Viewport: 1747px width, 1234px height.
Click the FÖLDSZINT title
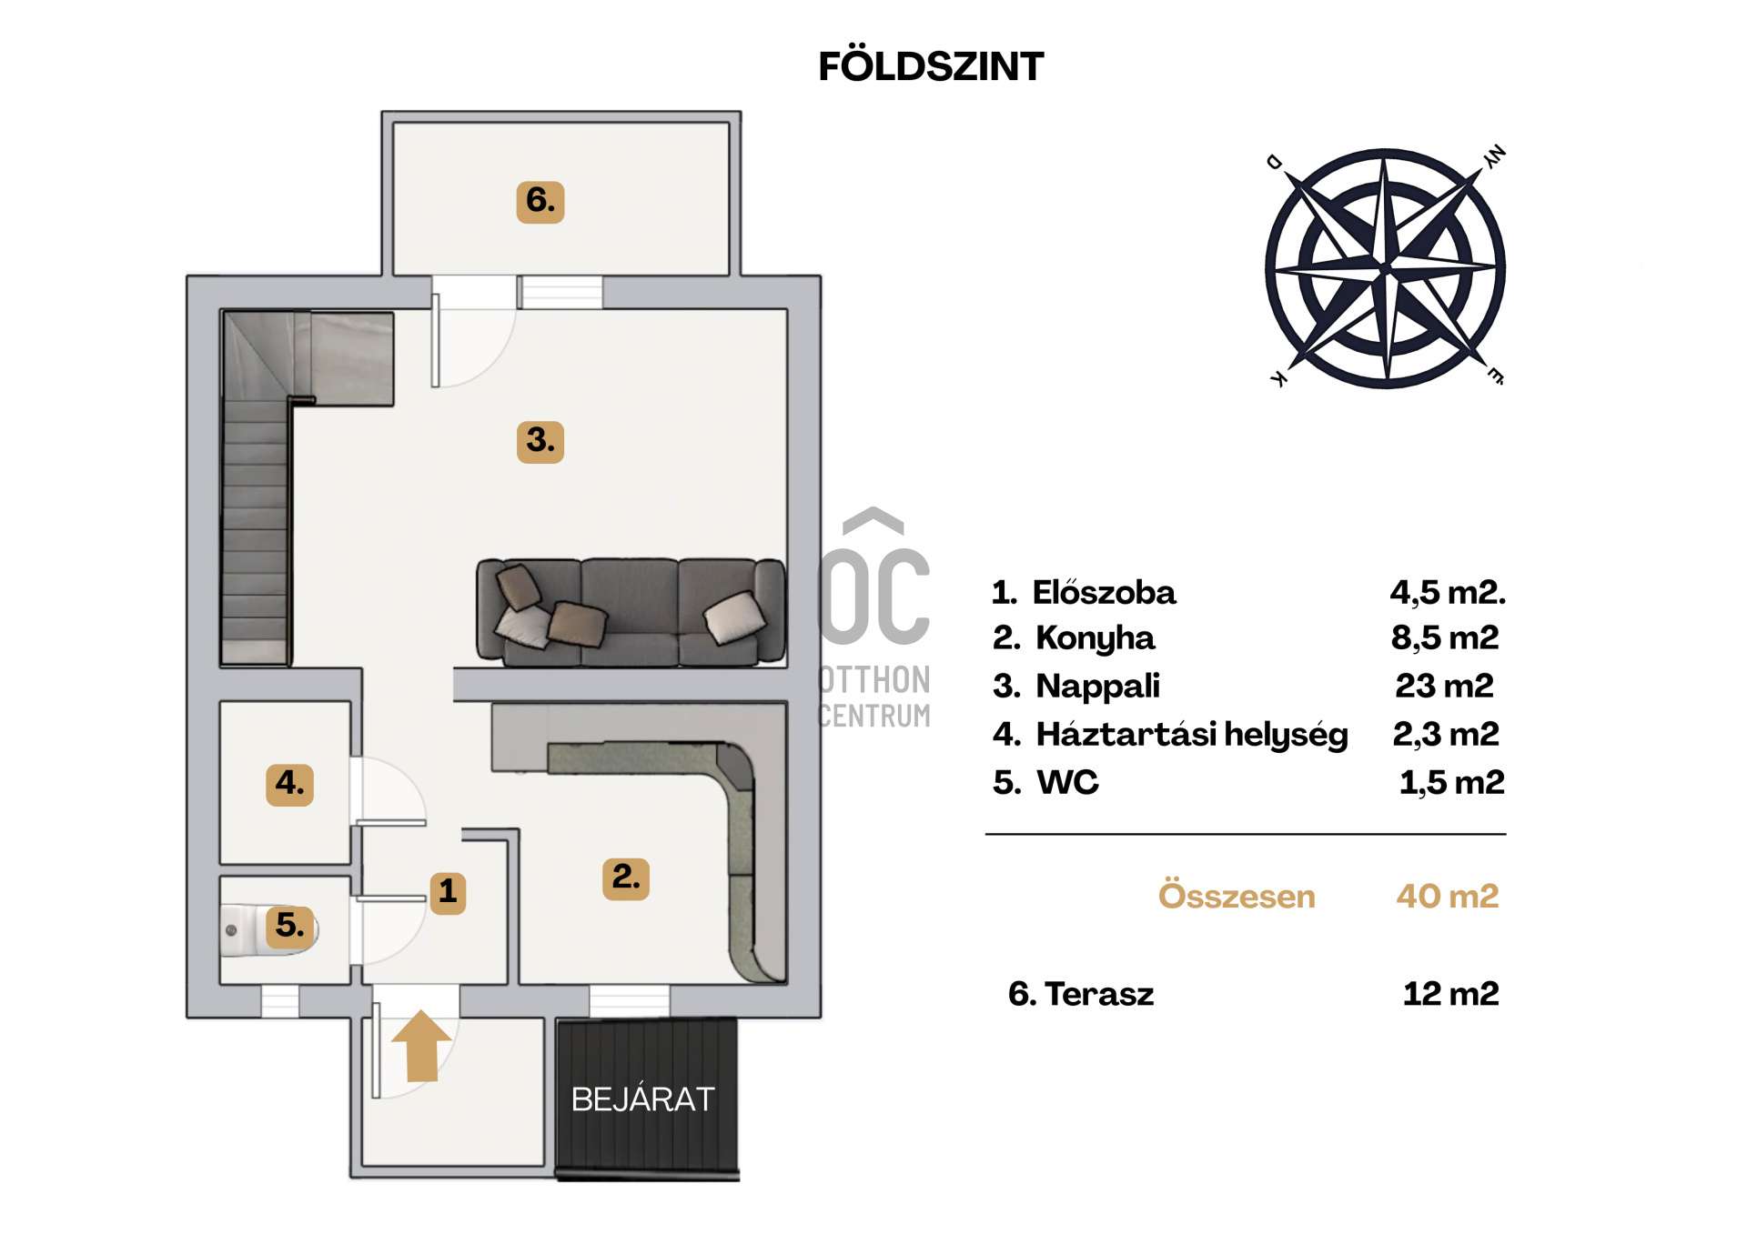[931, 66]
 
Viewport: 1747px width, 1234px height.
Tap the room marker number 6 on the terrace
[540, 201]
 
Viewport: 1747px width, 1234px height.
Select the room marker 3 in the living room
[540, 441]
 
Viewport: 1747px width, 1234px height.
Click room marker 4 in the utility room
[289, 784]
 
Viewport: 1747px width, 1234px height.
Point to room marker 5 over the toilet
[290, 926]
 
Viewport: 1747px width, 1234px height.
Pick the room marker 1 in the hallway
[447, 891]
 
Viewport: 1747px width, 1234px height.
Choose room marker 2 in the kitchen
[626, 878]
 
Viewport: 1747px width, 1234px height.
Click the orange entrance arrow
[421, 1046]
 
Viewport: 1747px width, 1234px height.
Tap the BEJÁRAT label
[643, 1099]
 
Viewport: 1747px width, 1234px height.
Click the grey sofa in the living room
[630, 612]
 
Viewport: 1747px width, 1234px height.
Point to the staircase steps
[256, 527]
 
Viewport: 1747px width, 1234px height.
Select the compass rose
[1385, 268]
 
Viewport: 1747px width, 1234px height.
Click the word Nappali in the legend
[1098, 687]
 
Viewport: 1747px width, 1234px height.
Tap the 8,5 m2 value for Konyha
[1445, 638]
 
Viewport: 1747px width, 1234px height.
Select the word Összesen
[1237, 896]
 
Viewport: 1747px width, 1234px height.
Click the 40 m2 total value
[1448, 897]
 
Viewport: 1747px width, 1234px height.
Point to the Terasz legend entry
[1081, 994]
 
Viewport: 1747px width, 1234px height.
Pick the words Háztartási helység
[1192, 735]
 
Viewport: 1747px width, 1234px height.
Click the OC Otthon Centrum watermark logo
[874, 618]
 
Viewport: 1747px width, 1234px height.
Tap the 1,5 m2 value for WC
[1452, 783]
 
